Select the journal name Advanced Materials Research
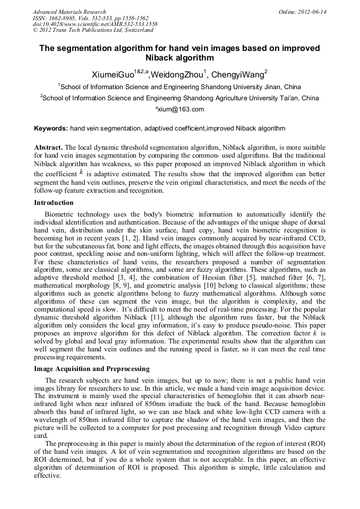click(69, 12)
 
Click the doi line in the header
click(95, 24)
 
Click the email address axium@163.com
click(179, 109)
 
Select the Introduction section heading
click(54, 203)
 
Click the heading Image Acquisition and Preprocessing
click(91, 369)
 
